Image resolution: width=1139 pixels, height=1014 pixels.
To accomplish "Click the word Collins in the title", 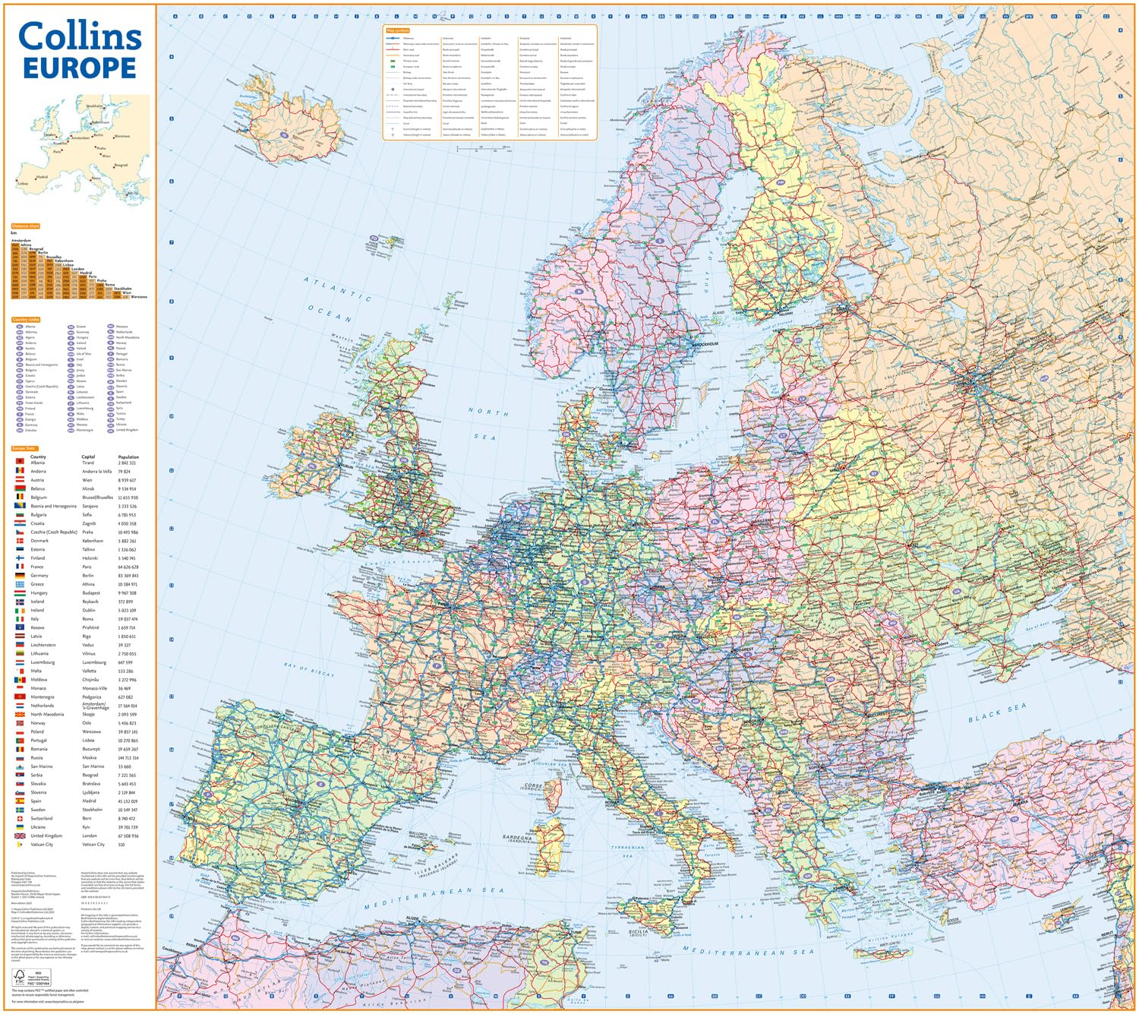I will [x=79, y=36].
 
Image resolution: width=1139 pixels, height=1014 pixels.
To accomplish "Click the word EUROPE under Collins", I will [x=79, y=68].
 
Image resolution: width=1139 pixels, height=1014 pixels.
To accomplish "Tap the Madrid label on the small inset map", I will [x=42, y=177].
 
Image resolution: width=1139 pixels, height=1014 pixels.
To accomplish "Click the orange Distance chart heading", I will [x=25, y=226].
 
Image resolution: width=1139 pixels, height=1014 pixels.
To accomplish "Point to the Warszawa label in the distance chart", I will [x=138, y=297].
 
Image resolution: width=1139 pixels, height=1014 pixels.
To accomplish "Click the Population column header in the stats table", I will [x=128, y=457].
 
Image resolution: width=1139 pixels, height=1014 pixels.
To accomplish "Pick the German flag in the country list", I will [x=20, y=575].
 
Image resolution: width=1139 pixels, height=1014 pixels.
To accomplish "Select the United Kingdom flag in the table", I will [x=20, y=836].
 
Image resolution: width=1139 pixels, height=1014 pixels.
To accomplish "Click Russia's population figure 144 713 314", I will [x=128, y=758].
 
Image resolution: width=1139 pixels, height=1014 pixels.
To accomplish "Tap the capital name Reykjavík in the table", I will [x=90, y=602].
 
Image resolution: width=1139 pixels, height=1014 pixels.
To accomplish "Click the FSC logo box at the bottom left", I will [x=21, y=976].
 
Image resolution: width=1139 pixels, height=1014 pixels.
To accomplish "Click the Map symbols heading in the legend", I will [x=397, y=30].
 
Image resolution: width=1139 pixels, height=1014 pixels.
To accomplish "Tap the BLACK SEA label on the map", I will [x=996, y=712].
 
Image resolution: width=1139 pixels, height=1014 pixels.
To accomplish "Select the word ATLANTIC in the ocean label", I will [x=337, y=289].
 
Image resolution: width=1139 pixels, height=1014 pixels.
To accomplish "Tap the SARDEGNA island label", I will [x=519, y=838].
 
